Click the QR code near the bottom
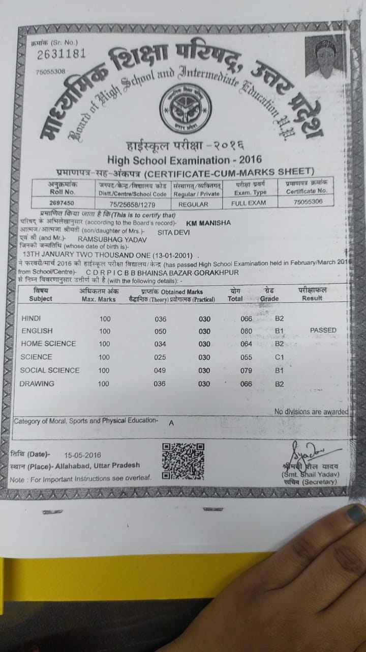[183, 461]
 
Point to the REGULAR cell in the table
[193, 204]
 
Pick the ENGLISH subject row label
[37, 331]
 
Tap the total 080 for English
[247, 331]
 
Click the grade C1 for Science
[279, 357]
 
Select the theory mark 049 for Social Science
[160, 370]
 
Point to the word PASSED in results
[323, 330]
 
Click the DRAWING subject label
[37, 384]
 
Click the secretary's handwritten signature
[309, 451]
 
